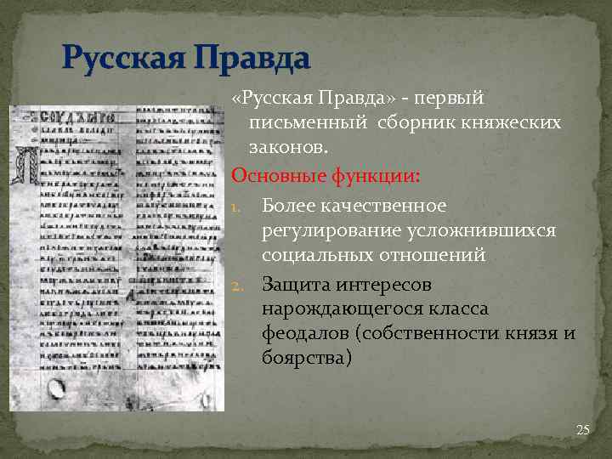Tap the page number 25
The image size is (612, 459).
point(582,430)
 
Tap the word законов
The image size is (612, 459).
point(287,147)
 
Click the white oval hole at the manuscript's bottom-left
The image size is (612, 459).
point(57,390)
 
